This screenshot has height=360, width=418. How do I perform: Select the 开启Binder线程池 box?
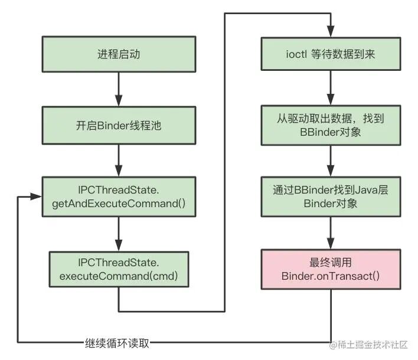pos(119,125)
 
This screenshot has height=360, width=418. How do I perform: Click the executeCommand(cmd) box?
pos(119,270)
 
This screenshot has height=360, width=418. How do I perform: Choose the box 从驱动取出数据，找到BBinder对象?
pos(331,125)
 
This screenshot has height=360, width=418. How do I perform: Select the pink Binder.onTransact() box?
pos(331,270)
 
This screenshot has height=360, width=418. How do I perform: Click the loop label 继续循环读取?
pos(117,343)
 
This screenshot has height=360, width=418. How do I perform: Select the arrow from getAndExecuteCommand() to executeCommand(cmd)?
pos(119,234)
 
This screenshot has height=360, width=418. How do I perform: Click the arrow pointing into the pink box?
pos(331,234)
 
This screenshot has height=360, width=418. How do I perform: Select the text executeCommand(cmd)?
pos(119,276)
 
